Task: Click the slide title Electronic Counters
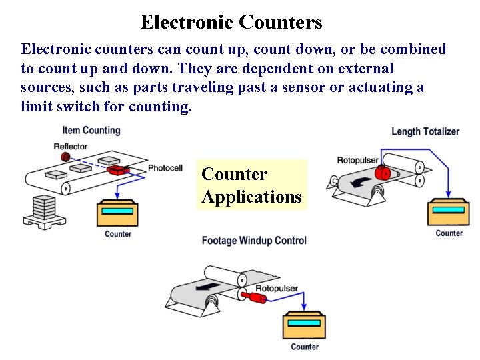(x=231, y=22)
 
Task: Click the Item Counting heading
(x=91, y=130)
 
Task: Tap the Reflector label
(x=71, y=146)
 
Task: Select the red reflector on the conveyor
(x=65, y=157)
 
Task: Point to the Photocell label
(x=165, y=168)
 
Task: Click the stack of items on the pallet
(x=44, y=208)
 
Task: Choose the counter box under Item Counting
(x=117, y=213)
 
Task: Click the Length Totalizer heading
(x=425, y=131)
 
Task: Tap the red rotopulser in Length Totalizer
(x=383, y=173)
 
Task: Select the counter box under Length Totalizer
(x=449, y=212)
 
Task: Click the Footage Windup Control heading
(x=254, y=241)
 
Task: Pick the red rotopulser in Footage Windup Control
(x=254, y=297)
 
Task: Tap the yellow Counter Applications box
(x=251, y=185)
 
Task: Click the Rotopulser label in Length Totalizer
(x=357, y=160)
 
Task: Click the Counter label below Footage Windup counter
(x=305, y=347)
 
